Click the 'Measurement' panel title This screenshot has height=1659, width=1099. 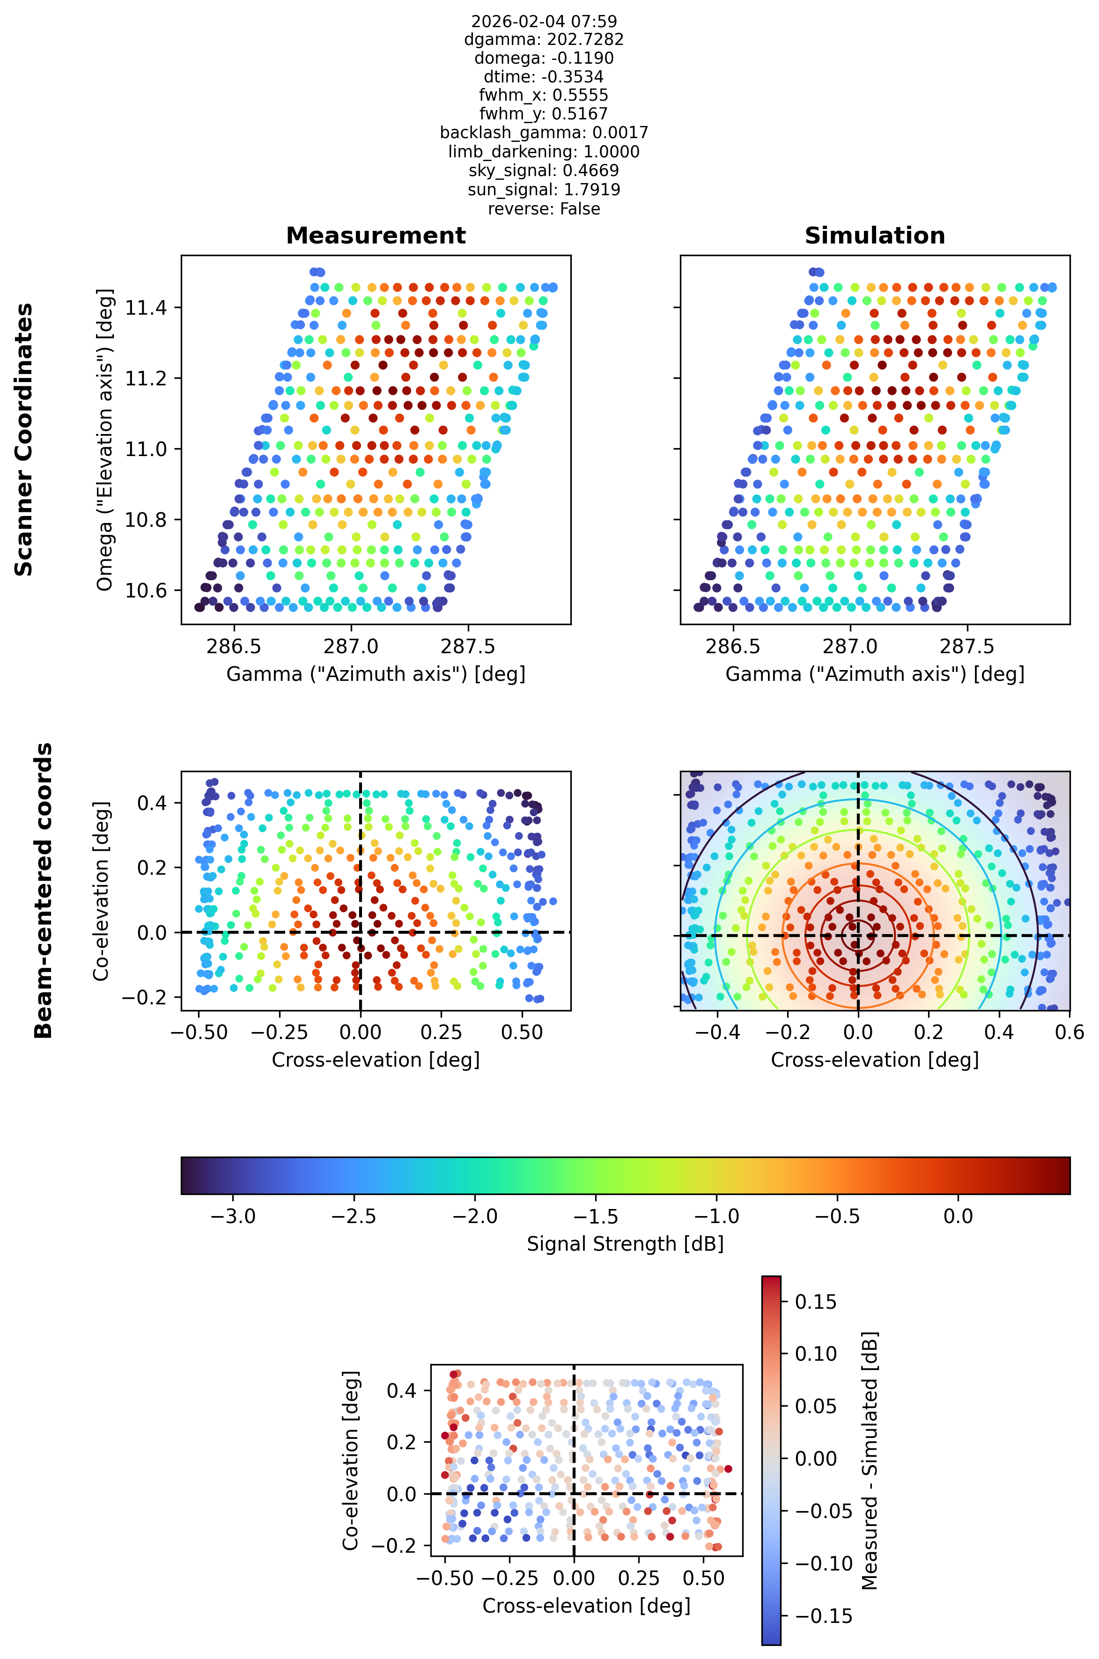(x=376, y=236)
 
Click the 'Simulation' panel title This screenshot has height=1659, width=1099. (x=875, y=236)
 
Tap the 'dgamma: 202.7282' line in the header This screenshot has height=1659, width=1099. (x=544, y=40)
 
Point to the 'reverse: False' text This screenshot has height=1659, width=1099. (x=544, y=209)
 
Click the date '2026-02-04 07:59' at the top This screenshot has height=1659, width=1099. (x=544, y=21)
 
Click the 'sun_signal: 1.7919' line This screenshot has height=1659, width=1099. (x=544, y=190)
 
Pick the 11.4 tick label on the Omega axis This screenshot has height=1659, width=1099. (x=146, y=308)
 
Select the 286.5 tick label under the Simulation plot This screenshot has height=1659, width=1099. (x=733, y=646)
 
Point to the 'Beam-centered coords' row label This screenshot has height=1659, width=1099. (x=44, y=890)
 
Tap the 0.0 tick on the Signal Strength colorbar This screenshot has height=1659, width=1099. (x=958, y=1216)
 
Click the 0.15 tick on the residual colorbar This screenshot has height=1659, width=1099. (x=816, y=1302)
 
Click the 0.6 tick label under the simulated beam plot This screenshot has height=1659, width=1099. (x=1069, y=1032)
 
